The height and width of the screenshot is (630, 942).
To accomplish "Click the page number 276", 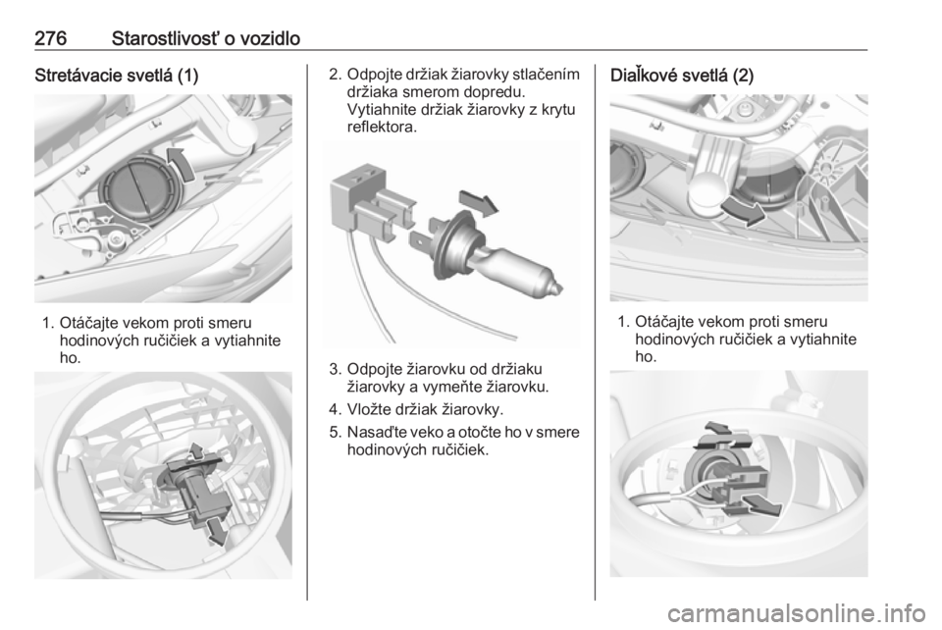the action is [x=50, y=38].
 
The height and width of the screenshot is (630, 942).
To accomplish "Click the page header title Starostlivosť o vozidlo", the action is [x=206, y=38].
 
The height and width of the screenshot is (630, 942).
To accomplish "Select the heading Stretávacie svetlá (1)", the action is [x=117, y=76].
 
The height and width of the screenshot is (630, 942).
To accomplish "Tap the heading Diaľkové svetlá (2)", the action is [x=682, y=76].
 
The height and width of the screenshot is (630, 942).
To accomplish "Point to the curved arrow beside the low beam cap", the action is [x=183, y=162].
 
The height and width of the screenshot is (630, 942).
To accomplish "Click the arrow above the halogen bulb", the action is [x=479, y=202].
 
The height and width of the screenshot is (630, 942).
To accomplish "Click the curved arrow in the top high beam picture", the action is [x=743, y=211].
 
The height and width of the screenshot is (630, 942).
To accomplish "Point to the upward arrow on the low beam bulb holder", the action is [x=195, y=452].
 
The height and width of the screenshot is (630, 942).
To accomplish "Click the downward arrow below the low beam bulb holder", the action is [x=216, y=531].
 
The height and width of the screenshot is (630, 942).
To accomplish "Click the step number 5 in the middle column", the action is [x=335, y=433].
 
